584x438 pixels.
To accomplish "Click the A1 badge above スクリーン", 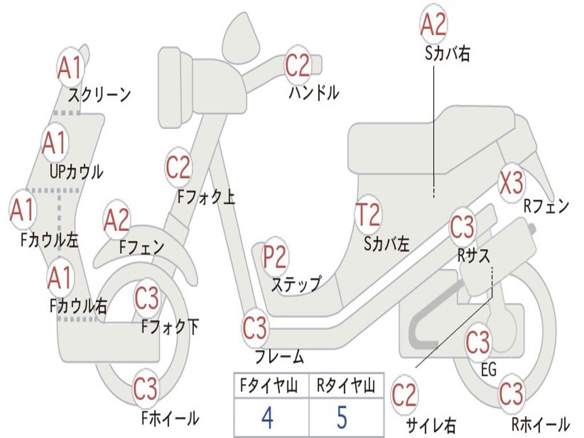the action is pos(71,67).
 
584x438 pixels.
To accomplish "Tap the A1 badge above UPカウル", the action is pos(55,144).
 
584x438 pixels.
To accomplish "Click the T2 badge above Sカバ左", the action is pos(367,216).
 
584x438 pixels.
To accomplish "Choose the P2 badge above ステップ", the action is pos(274,258).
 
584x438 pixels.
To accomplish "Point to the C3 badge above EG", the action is pos(478,342).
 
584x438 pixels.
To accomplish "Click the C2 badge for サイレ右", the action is pos(404,396).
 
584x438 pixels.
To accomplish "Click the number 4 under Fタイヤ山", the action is pos(267,417).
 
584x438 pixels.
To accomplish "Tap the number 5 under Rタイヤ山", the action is pos(342,417).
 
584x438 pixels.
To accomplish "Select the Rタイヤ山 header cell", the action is pos(346,387).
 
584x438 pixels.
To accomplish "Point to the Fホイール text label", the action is pos(170,418).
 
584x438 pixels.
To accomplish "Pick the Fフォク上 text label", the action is pos(206,197).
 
